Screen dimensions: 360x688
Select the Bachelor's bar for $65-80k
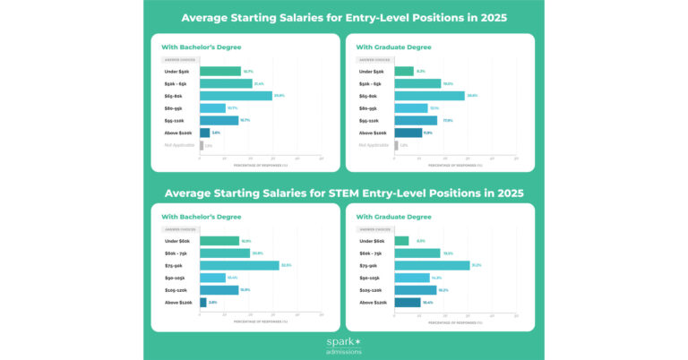coord(236,96)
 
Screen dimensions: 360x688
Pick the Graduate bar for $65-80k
coord(429,96)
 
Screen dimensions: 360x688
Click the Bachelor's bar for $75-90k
coord(239,265)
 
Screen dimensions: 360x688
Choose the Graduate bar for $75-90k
coord(432,265)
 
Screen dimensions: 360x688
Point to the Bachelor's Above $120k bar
coord(203,302)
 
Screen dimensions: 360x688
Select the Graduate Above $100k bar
coord(408,133)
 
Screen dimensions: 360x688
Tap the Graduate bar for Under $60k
coord(401,241)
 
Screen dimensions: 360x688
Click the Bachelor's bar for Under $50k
coord(219,72)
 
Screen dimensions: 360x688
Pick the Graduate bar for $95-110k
coord(416,120)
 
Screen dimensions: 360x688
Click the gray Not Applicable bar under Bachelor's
coord(202,145)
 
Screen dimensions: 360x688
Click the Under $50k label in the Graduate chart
coord(373,72)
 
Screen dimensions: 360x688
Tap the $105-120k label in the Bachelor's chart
coord(177,290)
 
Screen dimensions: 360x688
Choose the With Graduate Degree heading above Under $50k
coord(393,47)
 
